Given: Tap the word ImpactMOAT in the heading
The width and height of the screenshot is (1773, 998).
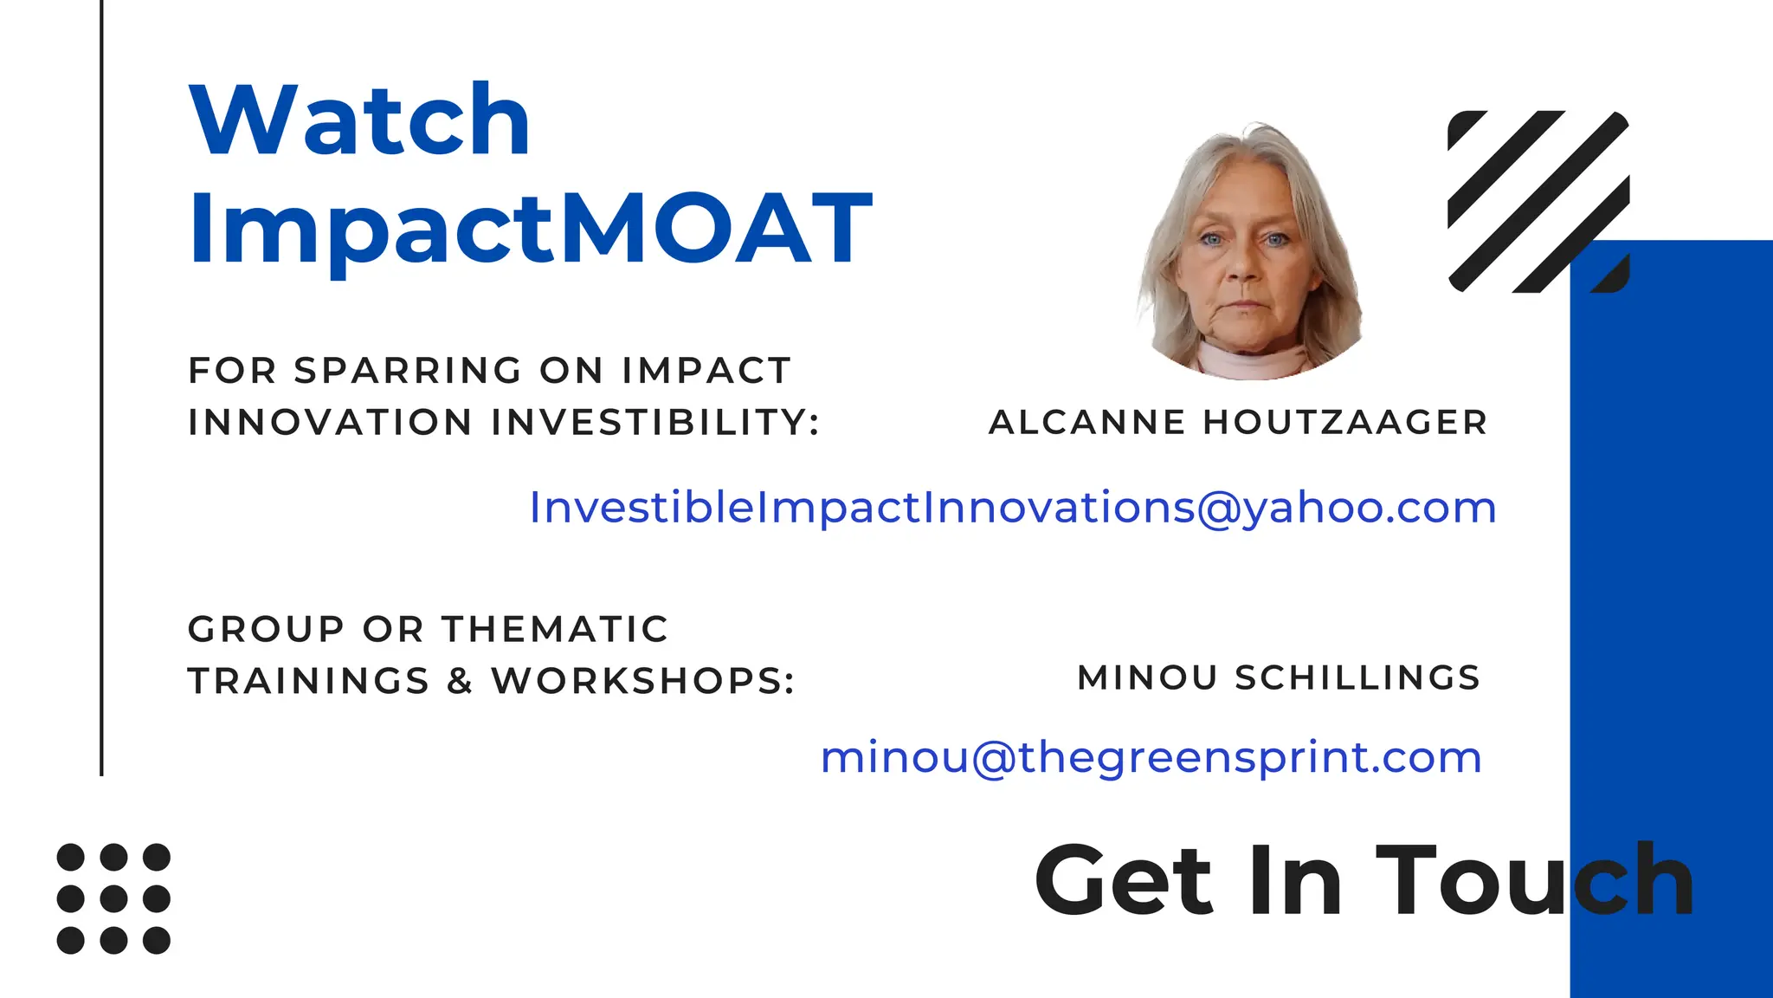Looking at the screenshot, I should coord(530,228).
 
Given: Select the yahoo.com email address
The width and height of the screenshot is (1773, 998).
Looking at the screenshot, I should coord(1013,508).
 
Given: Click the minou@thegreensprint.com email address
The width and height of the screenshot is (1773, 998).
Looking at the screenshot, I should coord(1151,757).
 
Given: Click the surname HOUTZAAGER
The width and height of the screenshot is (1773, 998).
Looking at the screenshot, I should coord(1345,423).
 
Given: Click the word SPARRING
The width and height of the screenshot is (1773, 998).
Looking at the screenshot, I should coord(408,371).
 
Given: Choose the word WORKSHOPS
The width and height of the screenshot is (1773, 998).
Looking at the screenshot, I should coord(642,681).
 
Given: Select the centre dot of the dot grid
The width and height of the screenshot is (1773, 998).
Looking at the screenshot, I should coord(113,898).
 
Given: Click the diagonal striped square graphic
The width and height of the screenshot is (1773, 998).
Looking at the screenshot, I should coord(1538,201).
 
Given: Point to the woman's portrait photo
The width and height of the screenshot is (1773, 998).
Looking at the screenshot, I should coord(1249,251).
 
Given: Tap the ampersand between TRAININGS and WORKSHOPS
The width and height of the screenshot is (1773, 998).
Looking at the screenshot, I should coord(460,681).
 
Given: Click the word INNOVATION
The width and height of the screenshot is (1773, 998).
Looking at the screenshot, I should coord(330,423).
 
